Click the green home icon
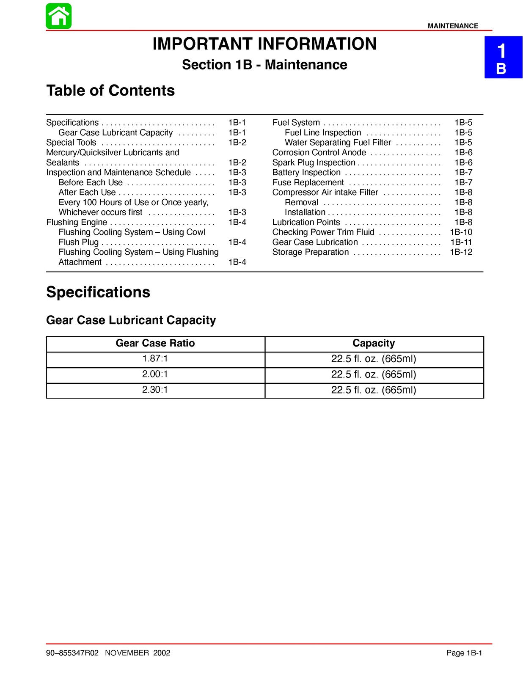[58, 16]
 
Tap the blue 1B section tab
[503, 58]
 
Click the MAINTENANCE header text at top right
[453, 26]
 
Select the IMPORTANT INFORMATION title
[264, 44]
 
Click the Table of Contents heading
[110, 91]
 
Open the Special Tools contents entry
[71, 143]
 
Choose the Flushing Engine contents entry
[77, 222]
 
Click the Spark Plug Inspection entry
[314, 162]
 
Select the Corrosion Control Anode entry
[319, 152]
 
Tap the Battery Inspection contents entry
[306, 172]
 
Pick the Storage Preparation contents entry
[311, 252]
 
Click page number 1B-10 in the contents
[461, 232]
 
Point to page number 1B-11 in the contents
[461, 242]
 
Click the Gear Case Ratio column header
[155, 343]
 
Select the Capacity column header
[374, 343]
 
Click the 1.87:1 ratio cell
[155, 359]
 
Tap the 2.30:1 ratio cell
[155, 390]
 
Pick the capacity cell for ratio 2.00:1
[374, 374]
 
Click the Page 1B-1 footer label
[464, 653]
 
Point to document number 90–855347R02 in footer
[72, 653]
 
